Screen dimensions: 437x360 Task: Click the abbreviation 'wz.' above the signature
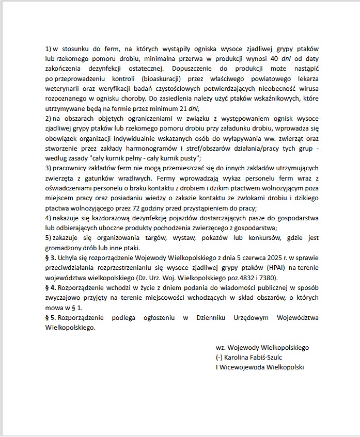221,348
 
